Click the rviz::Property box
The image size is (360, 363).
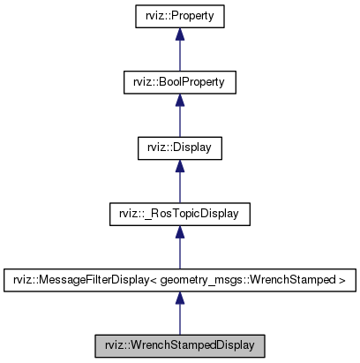pyautogui.click(x=179, y=17)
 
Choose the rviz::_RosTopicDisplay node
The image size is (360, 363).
pyautogui.click(x=179, y=213)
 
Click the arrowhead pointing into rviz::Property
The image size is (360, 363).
pyautogui.click(x=179, y=34)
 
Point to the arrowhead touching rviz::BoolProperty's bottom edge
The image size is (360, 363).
pyautogui.click(x=179, y=100)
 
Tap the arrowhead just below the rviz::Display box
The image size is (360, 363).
pyautogui.click(x=179, y=165)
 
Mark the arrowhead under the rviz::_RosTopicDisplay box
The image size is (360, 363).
pyautogui.click(x=179, y=231)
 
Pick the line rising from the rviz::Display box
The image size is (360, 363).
pyautogui.click(x=179, y=125)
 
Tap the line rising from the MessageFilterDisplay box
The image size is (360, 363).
pyautogui.click(x=179, y=257)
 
